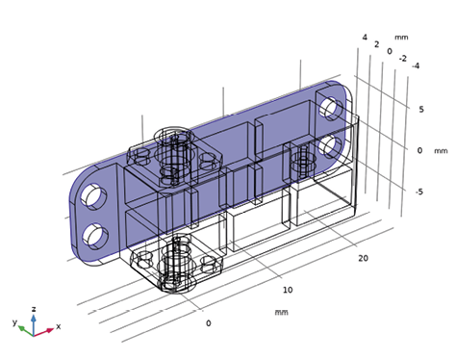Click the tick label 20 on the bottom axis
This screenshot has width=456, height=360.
(363, 258)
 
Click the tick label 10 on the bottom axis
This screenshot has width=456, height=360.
(287, 290)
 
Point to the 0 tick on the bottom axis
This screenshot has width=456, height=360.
(209, 323)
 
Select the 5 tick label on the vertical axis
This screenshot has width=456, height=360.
(420, 109)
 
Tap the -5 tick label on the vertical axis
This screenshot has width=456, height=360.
(418, 192)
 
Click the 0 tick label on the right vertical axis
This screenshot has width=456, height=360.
(419, 150)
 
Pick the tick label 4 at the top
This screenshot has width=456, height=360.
(364, 38)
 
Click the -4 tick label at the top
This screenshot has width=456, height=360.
(414, 66)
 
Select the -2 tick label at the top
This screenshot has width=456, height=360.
(402, 58)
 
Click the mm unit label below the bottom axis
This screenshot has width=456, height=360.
(282, 312)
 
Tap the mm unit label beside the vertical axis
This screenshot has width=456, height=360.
(441, 151)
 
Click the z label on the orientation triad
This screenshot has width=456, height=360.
(34, 310)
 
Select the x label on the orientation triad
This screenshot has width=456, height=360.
(58, 326)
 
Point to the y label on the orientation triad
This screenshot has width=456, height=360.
(14, 321)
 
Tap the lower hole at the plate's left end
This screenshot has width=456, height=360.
(96, 235)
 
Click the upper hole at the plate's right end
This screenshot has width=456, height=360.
(331, 107)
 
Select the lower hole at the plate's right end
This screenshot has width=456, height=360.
(333, 146)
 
